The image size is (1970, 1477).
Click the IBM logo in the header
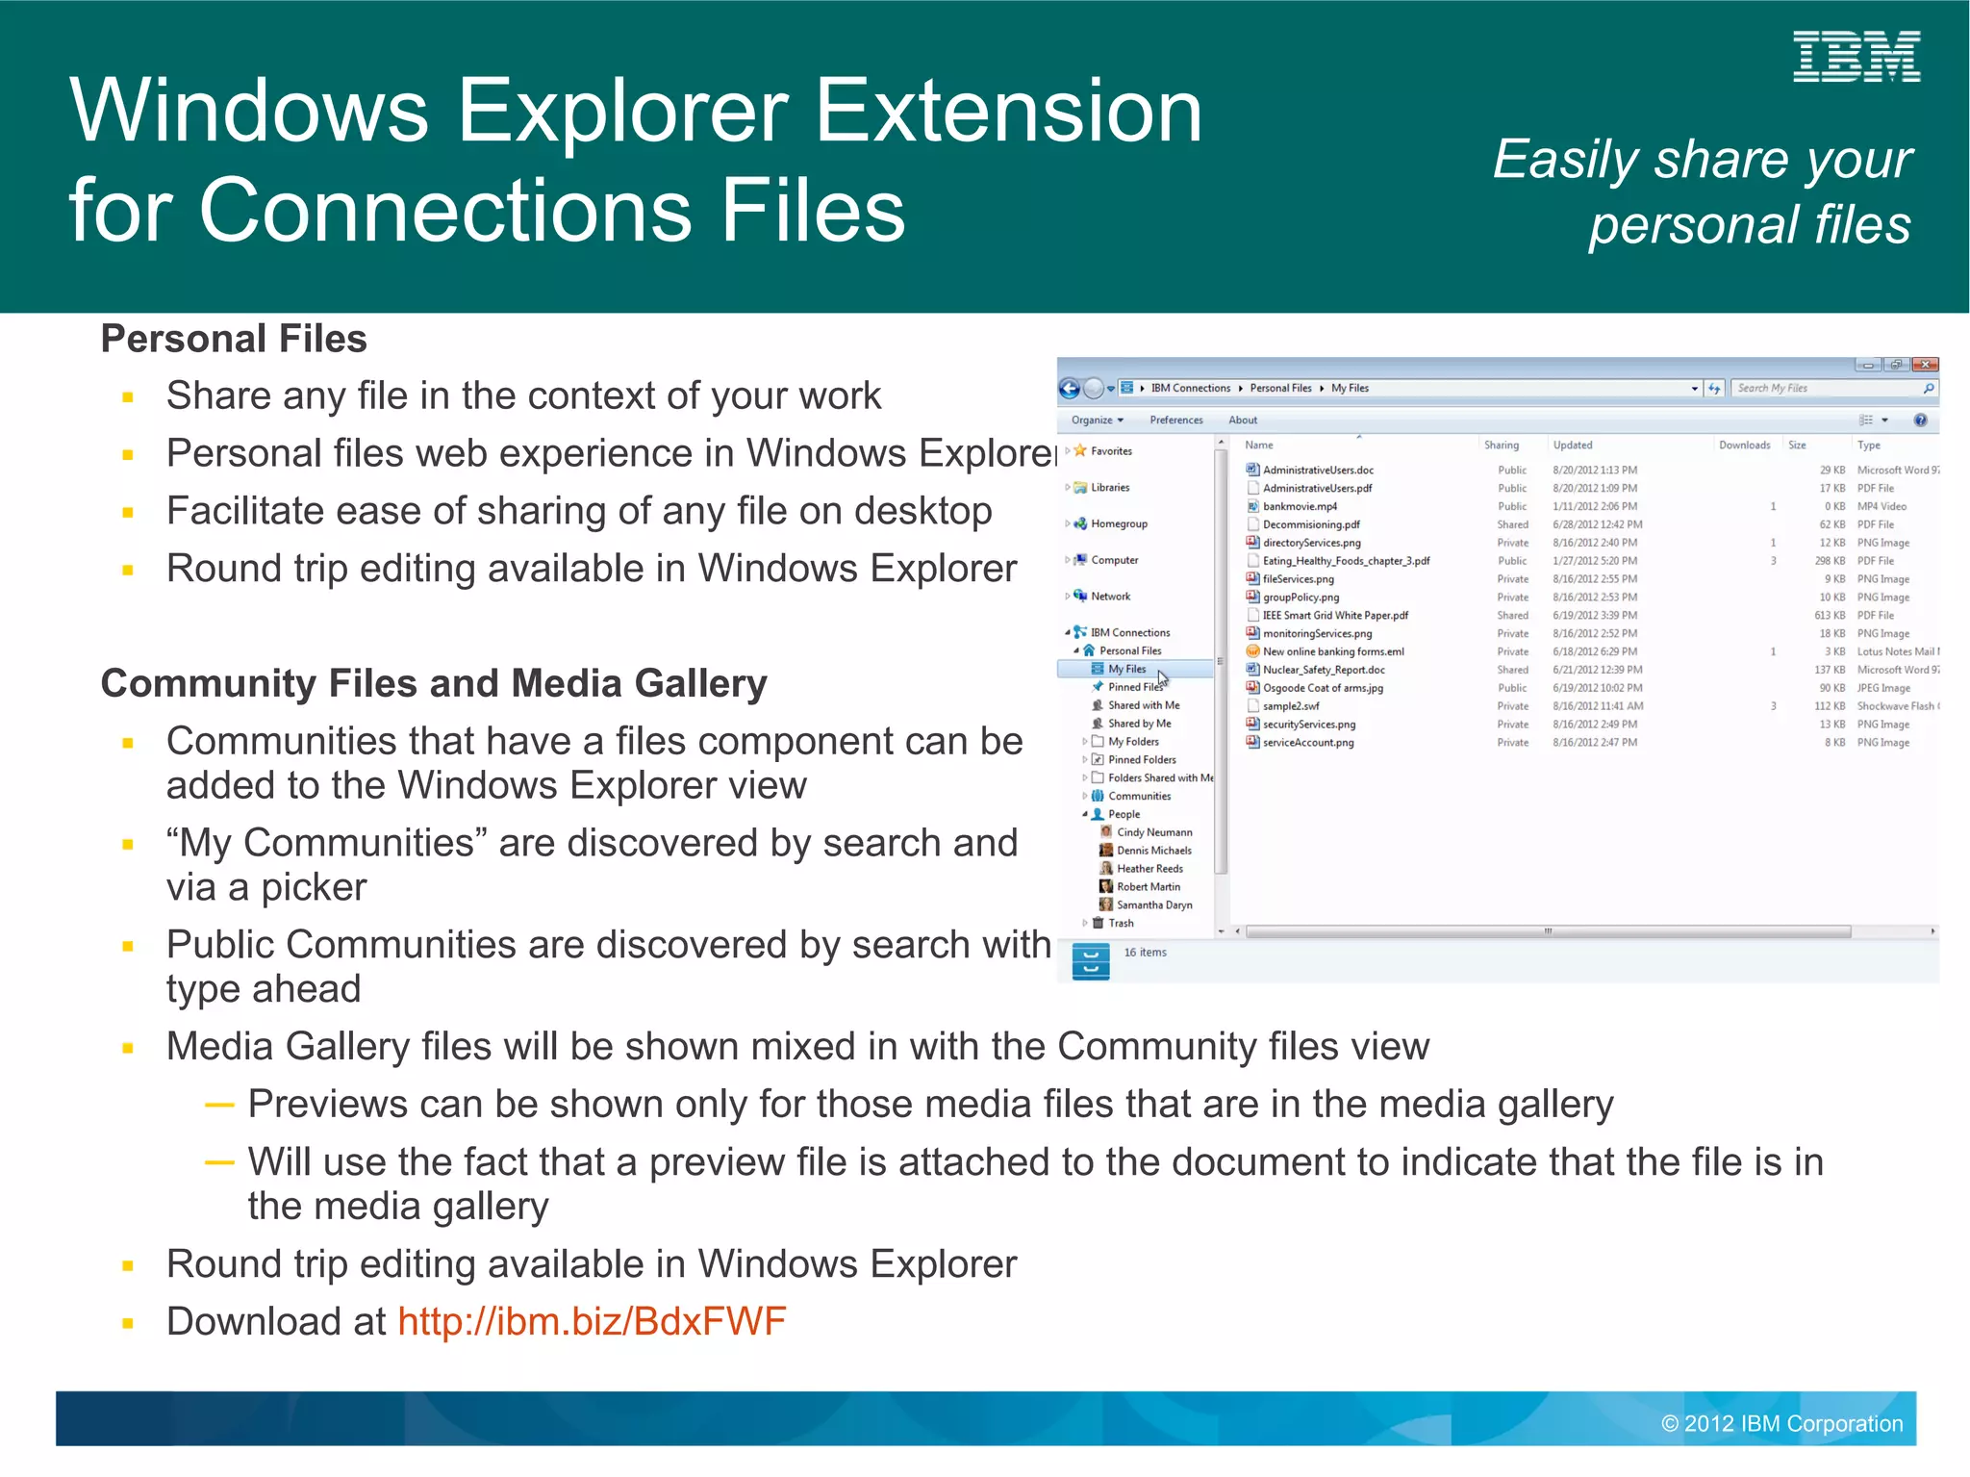pyautogui.click(x=1856, y=57)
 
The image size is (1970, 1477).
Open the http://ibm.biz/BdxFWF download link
pyautogui.click(x=591, y=1321)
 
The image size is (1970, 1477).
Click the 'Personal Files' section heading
pyautogui.click(x=234, y=339)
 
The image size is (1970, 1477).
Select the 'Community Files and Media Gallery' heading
pyautogui.click(x=434, y=683)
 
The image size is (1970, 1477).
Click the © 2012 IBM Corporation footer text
pyautogui.click(x=1781, y=1423)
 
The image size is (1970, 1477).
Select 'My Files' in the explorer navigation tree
pyautogui.click(x=1126, y=669)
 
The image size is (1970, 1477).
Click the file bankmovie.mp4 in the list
pyautogui.click(x=1300, y=506)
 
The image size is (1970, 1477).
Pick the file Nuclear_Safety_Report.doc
pyautogui.click(x=1324, y=670)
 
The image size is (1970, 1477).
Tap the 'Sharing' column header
pyautogui.click(x=1501, y=446)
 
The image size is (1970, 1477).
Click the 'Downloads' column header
pyautogui.click(x=1744, y=446)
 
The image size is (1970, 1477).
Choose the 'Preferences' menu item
pyautogui.click(x=1175, y=420)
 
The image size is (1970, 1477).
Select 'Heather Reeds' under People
pyautogui.click(x=1149, y=869)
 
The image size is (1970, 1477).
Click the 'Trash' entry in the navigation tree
pyautogui.click(x=1121, y=923)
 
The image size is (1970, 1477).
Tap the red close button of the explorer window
pyautogui.click(x=1925, y=365)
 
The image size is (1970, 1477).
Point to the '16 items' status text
pyautogui.click(x=1145, y=953)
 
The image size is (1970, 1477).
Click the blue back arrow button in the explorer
pyautogui.click(x=1069, y=389)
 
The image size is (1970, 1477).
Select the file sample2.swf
pyautogui.click(x=1291, y=706)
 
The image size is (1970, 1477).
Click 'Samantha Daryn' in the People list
pyautogui.click(x=1154, y=905)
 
